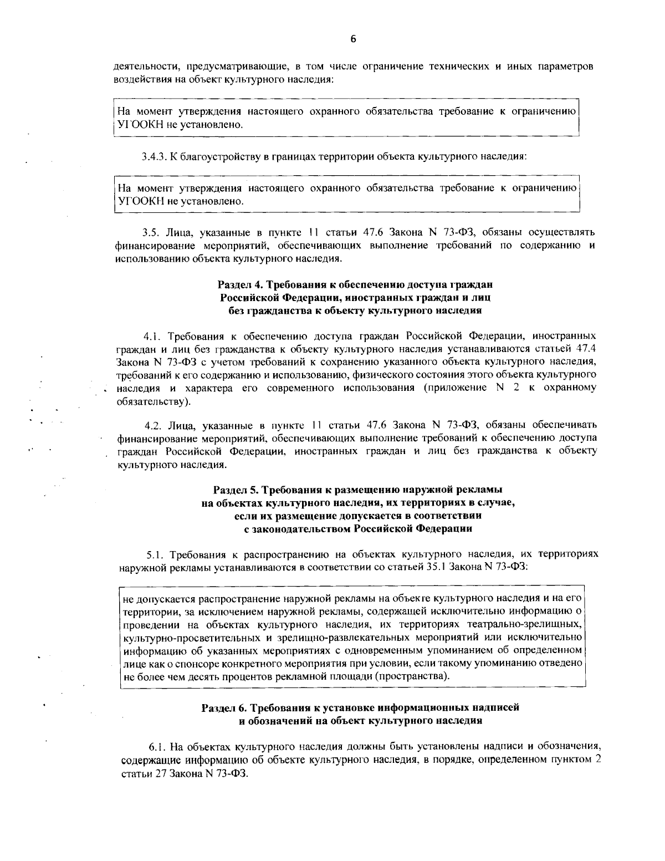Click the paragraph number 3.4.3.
[x=154, y=157]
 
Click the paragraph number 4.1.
[x=152, y=336]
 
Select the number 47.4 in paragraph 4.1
[x=585, y=349]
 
